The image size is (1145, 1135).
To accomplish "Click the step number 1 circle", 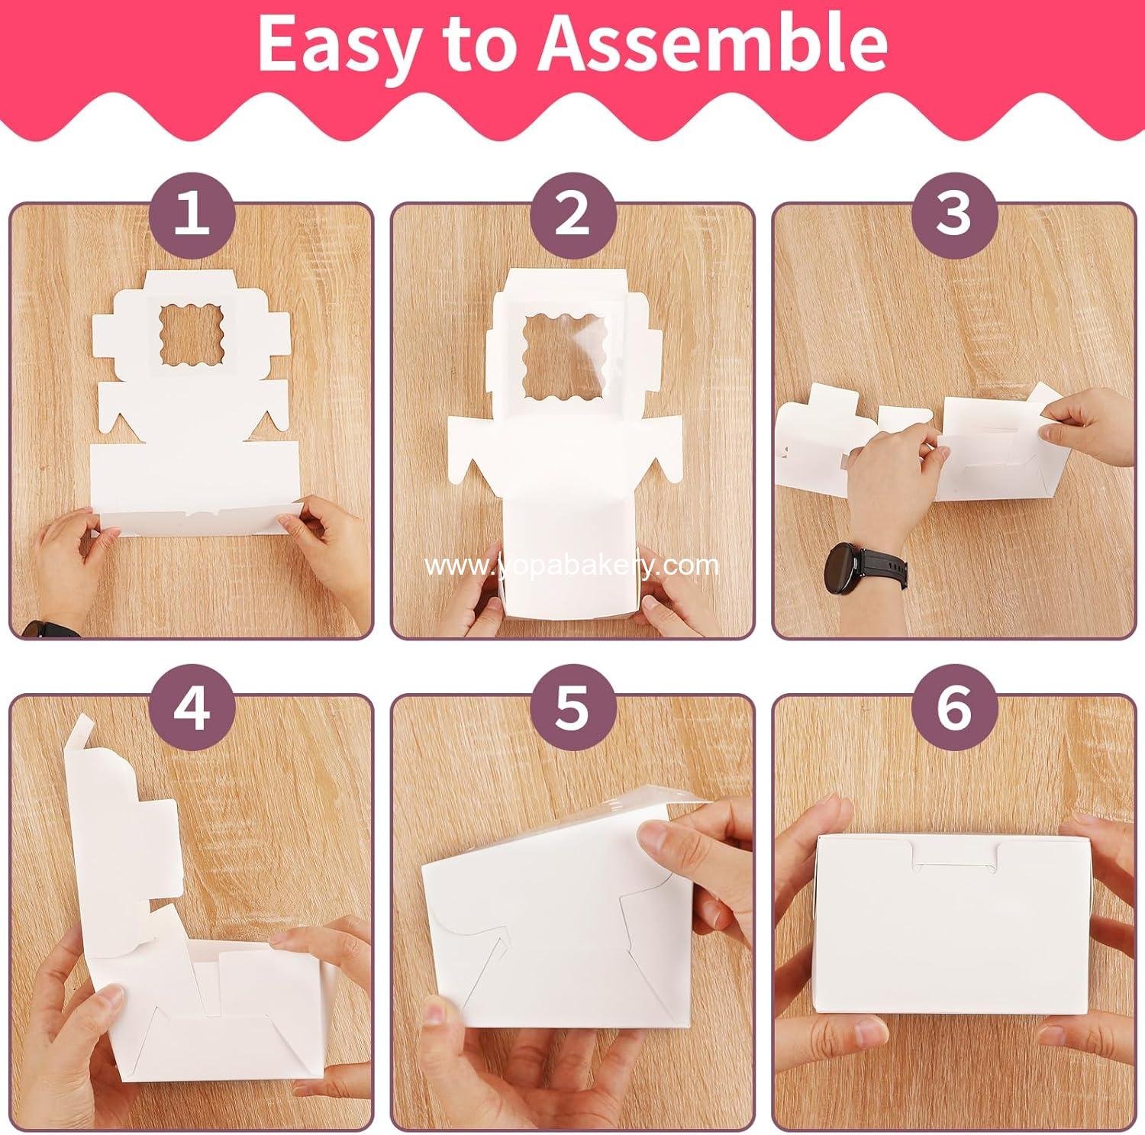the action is pyautogui.click(x=191, y=214).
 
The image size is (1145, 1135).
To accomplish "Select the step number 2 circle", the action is pyautogui.click(x=572, y=214).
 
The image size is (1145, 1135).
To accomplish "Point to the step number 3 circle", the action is pyautogui.click(x=954, y=214).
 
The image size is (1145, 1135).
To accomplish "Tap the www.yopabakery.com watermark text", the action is pyautogui.click(x=572, y=566).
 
